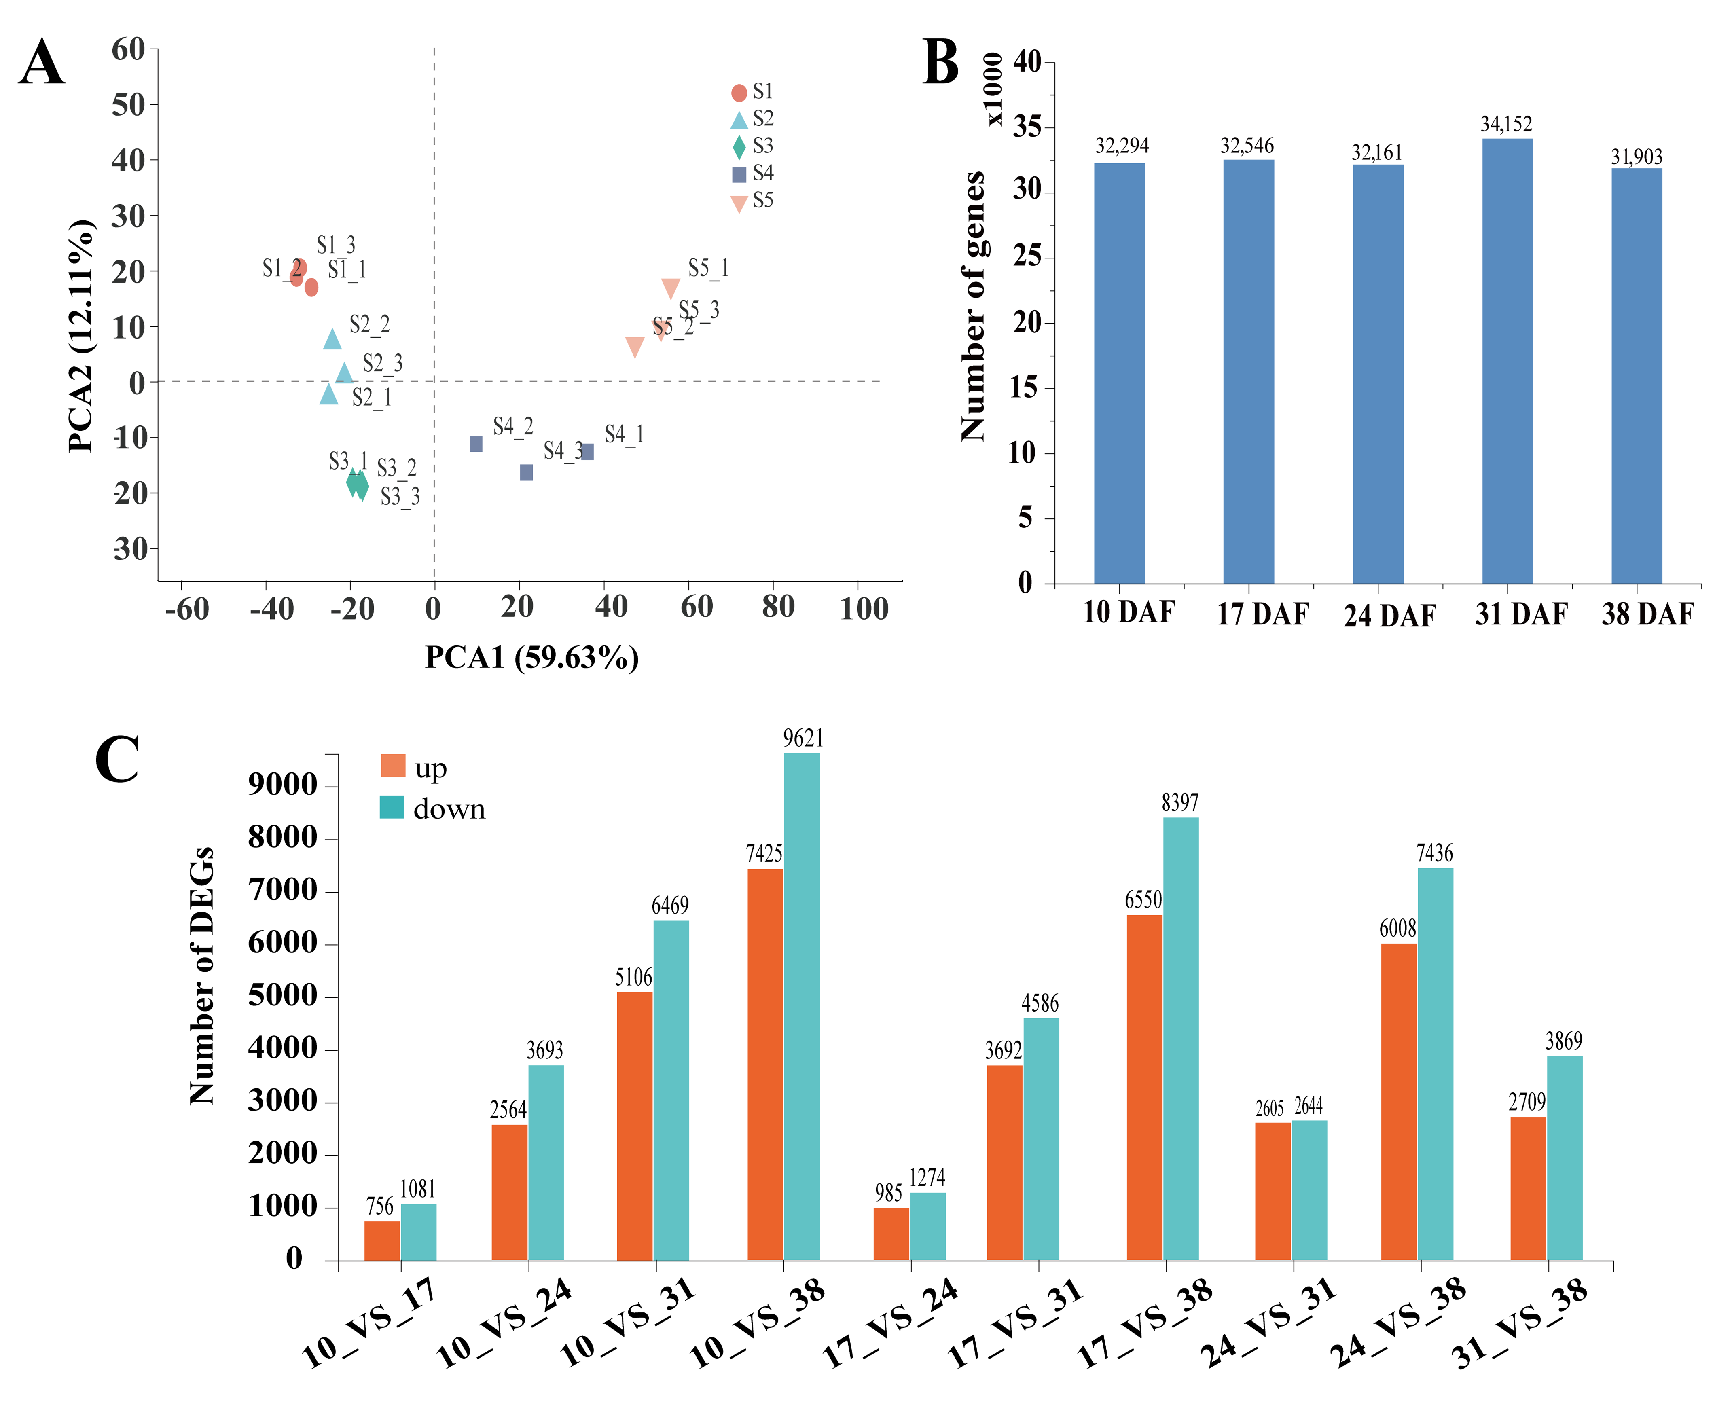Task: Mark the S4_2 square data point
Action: click(476, 444)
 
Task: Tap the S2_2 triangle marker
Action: click(332, 340)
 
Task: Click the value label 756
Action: click(380, 1206)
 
